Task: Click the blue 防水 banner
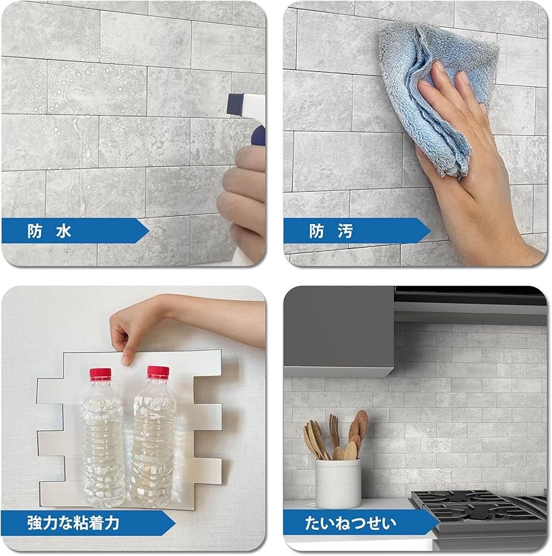[75, 231]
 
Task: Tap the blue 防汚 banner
[356, 231]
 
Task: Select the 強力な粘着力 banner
[88, 522]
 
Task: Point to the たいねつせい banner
[361, 522]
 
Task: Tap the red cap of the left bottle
[100, 374]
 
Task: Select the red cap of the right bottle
[158, 372]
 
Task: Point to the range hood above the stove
[471, 305]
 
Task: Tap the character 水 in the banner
[64, 231]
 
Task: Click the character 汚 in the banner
[345, 231]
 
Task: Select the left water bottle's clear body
[103, 443]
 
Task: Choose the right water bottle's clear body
[153, 442]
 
